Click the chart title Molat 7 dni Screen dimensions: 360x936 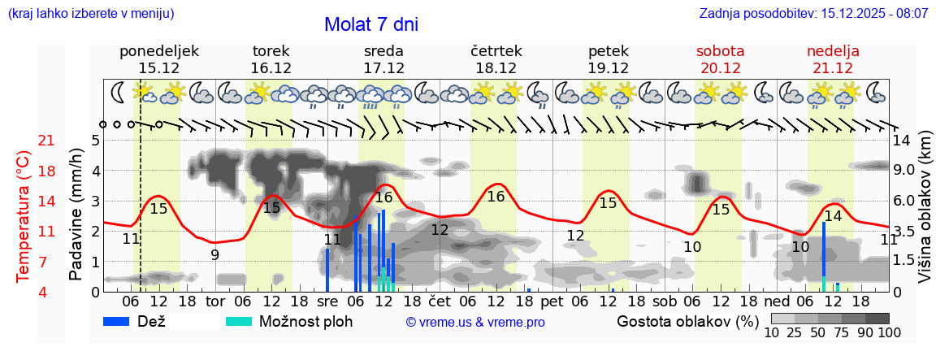(x=371, y=24)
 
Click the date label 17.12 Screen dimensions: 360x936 (x=383, y=68)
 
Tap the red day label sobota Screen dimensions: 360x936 (x=720, y=51)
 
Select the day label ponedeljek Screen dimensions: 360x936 (x=158, y=51)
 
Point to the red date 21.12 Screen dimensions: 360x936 (x=833, y=68)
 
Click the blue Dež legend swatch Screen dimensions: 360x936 (x=123, y=321)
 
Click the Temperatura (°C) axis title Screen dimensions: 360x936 (x=24, y=215)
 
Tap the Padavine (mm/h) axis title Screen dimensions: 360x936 (x=76, y=215)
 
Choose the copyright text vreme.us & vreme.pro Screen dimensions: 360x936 (x=474, y=323)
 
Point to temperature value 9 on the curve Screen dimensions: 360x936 (x=214, y=254)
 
